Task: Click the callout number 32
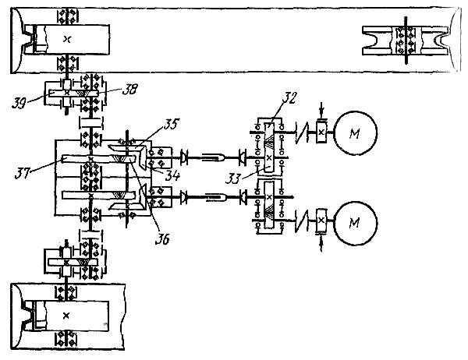pyautogui.click(x=289, y=97)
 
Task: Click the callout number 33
pyautogui.click(x=233, y=178)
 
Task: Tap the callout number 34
pyautogui.click(x=173, y=175)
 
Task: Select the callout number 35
pyautogui.click(x=171, y=124)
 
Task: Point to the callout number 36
pyautogui.click(x=162, y=238)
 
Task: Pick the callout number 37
pyautogui.click(x=23, y=173)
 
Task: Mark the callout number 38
pyautogui.click(x=129, y=89)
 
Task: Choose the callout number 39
pyautogui.click(x=19, y=102)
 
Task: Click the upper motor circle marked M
pyautogui.click(x=355, y=132)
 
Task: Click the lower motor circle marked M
pyautogui.click(x=355, y=223)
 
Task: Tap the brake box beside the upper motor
pyautogui.click(x=321, y=132)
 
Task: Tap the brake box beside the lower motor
pyautogui.click(x=321, y=221)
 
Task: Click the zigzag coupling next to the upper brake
pyautogui.click(x=302, y=132)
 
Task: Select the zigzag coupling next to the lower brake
pyautogui.click(x=302, y=221)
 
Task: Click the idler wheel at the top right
pyautogui.click(x=406, y=41)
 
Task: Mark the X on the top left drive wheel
pyautogui.click(x=67, y=39)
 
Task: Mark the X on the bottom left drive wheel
pyautogui.click(x=66, y=316)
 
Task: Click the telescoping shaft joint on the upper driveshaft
pyautogui.click(x=213, y=157)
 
